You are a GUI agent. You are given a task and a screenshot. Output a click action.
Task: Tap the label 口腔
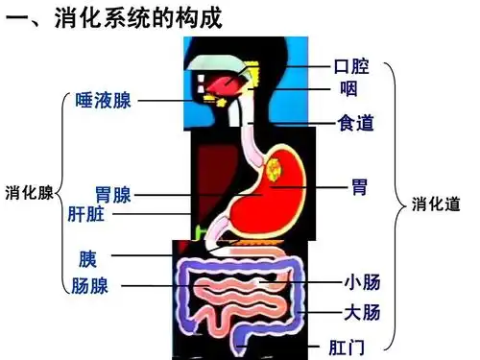[351, 66]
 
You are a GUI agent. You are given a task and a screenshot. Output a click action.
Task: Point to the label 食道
[354, 123]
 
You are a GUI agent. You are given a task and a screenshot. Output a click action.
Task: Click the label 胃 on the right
[358, 187]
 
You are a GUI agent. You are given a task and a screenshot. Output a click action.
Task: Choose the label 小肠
[362, 282]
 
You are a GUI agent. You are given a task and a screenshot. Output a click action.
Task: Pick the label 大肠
[362, 312]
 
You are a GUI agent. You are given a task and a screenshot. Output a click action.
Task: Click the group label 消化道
[436, 204]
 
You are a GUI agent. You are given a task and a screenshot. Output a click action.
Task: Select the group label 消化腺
[29, 190]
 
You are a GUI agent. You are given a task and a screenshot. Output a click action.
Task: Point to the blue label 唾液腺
[103, 101]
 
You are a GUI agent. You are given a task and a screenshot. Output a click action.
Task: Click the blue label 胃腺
[112, 196]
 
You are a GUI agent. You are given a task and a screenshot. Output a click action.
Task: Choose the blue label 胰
[88, 259]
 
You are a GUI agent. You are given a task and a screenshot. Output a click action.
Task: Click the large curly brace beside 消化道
[394, 205]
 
